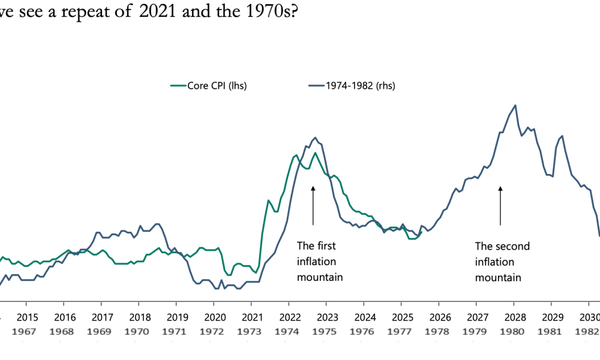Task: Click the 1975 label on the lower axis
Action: (x=327, y=331)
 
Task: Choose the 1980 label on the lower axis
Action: (x=514, y=331)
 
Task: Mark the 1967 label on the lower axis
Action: (x=27, y=331)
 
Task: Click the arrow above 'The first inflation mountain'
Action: (x=313, y=205)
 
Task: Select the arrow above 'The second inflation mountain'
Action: (x=500, y=205)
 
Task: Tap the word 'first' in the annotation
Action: (x=324, y=245)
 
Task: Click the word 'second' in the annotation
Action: (x=511, y=245)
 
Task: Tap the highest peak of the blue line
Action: (x=515, y=105)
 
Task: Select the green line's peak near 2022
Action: (x=296, y=155)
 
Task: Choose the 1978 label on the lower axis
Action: (x=439, y=331)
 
